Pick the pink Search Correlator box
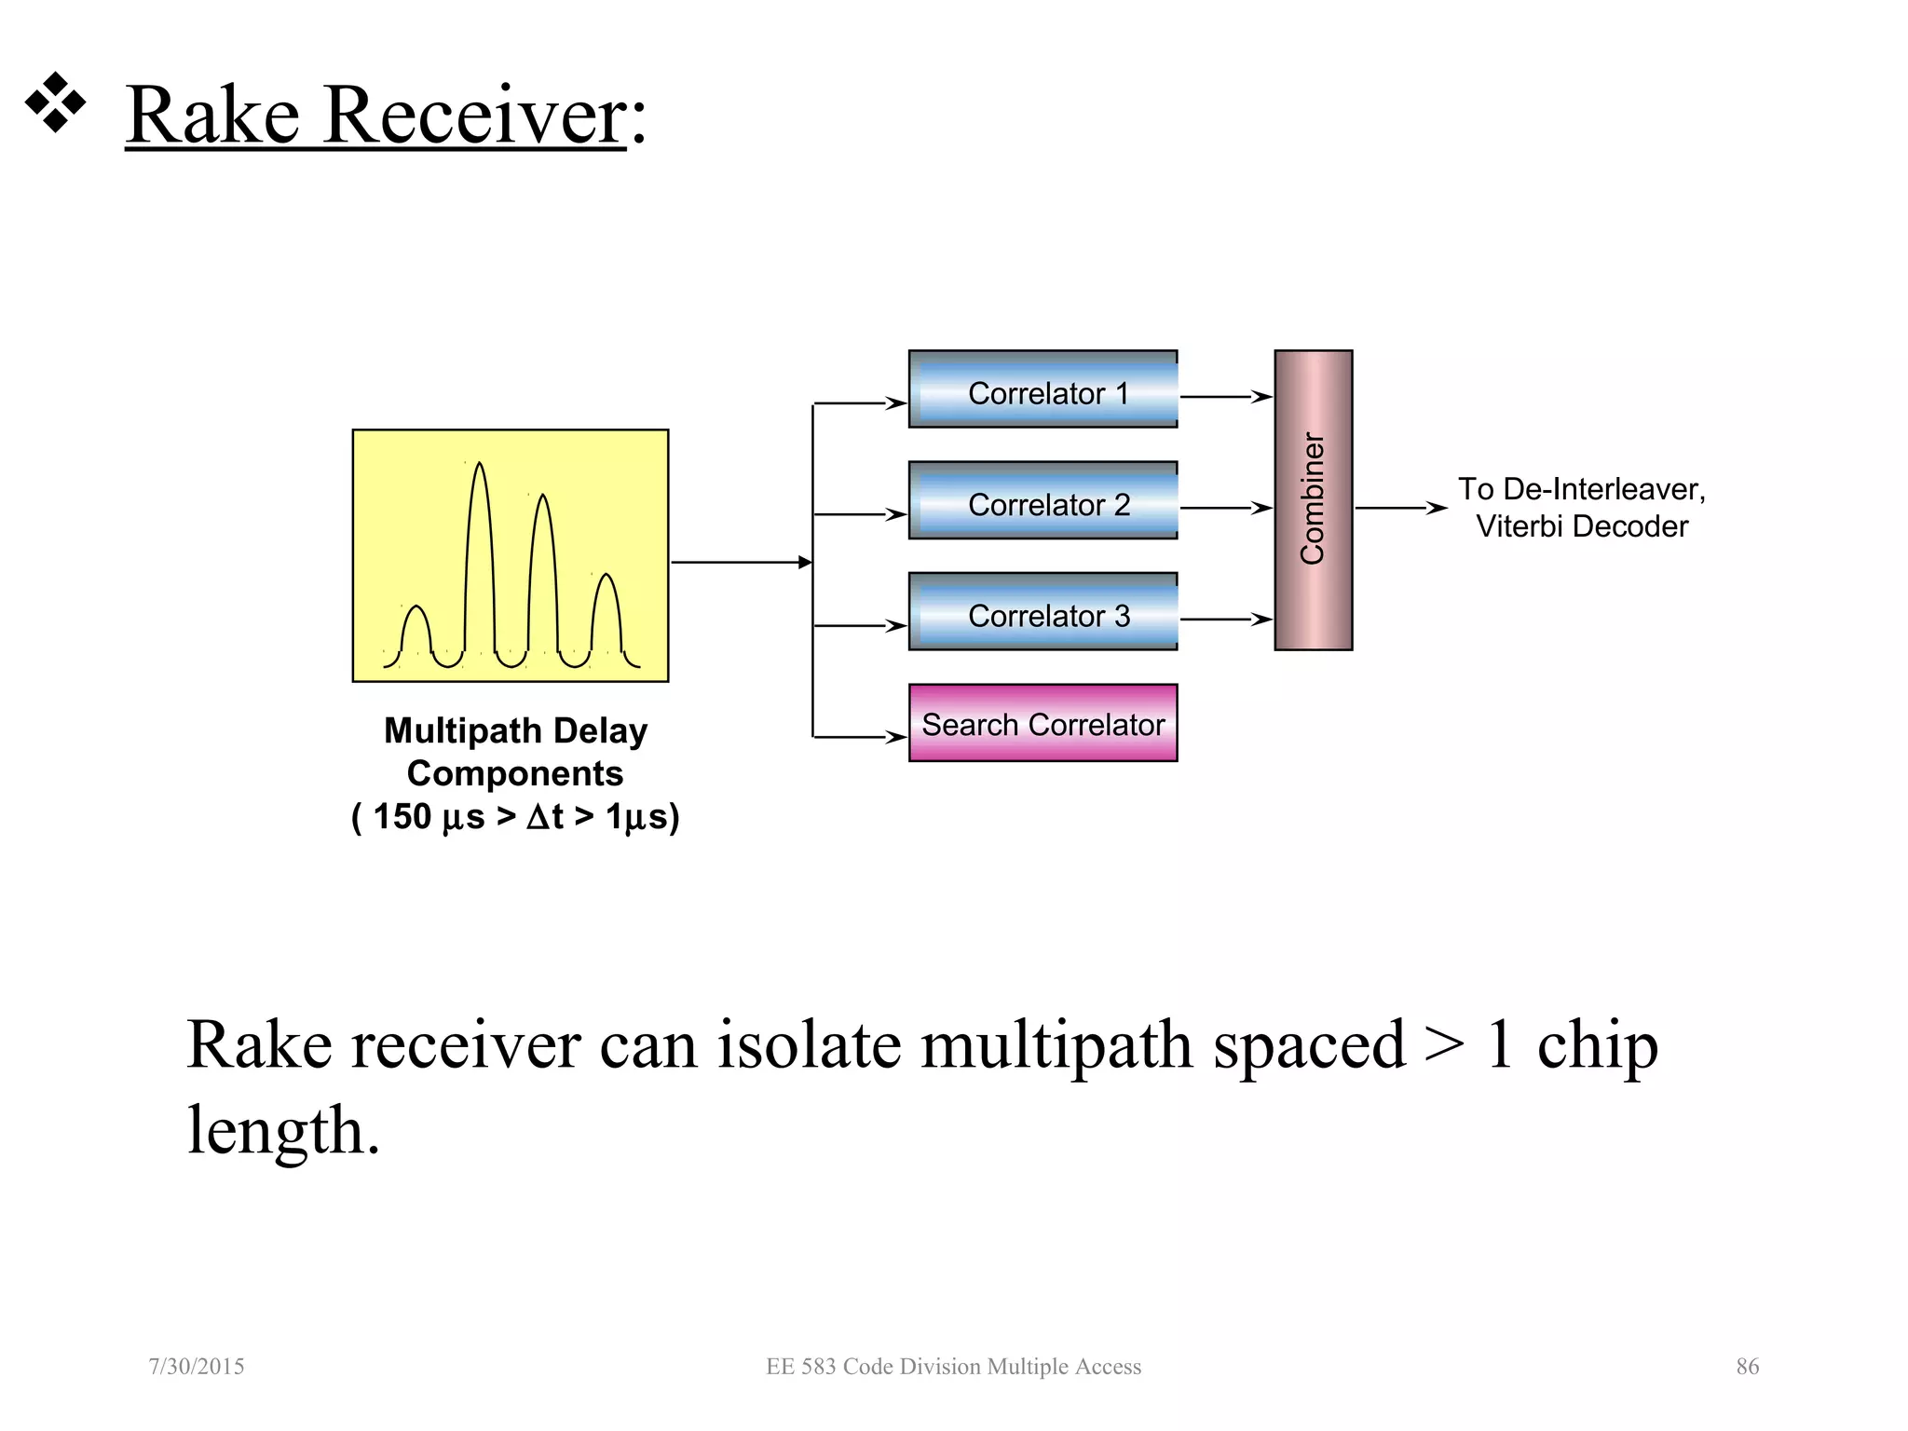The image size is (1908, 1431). point(1043,723)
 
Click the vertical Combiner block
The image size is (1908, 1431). point(1313,499)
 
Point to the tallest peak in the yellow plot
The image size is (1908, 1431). point(479,466)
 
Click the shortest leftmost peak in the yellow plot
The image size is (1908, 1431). point(416,610)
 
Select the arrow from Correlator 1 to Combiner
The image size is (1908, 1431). point(1225,397)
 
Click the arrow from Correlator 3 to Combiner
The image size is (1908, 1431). point(1225,620)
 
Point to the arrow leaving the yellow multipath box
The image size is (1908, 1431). point(741,563)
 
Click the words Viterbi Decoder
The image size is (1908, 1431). point(1581,526)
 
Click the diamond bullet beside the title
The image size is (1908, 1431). point(55,102)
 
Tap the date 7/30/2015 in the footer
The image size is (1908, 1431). point(197,1367)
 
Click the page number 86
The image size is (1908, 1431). point(1747,1367)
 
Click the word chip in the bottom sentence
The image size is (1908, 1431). point(1597,1045)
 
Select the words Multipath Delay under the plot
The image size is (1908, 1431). point(515,731)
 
